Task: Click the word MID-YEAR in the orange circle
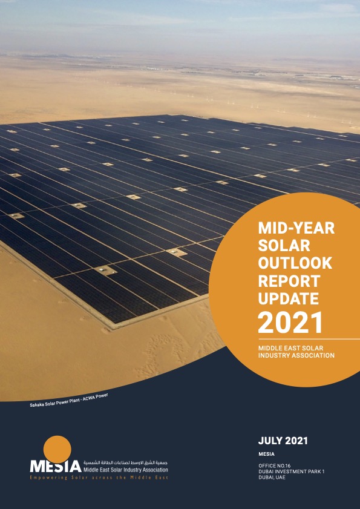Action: pyautogui.click(x=296, y=229)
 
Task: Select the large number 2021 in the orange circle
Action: pyautogui.click(x=290, y=323)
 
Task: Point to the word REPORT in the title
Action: pyautogui.click(x=289, y=281)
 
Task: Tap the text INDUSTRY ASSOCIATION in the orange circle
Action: pyautogui.click(x=296, y=355)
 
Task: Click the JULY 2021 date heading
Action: pyautogui.click(x=283, y=441)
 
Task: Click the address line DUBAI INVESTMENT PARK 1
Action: pyautogui.click(x=292, y=471)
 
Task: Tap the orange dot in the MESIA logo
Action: pyautogui.click(x=57, y=449)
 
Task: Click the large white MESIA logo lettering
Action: pyautogui.click(x=56, y=466)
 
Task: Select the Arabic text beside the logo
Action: pyautogui.click(x=126, y=462)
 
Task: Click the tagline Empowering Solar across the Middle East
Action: pyautogui.click(x=99, y=478)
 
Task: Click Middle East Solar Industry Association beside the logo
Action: pyautogui.click(x=126, y=470)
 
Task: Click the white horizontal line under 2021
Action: pyautogui.click(x=309, y=339)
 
